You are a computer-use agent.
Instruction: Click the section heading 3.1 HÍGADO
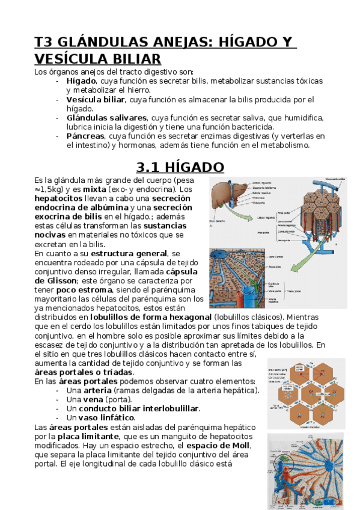coord(180,166)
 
